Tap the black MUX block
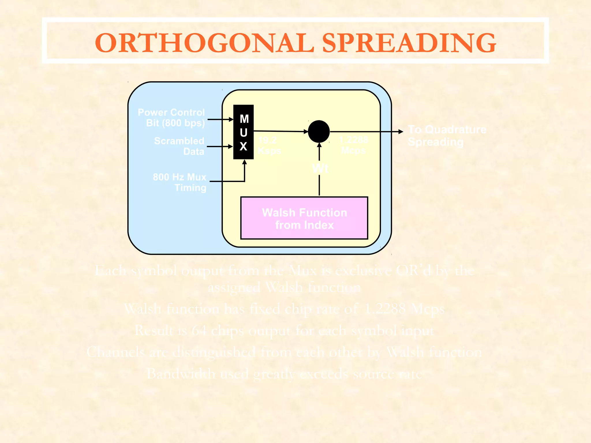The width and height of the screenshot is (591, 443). (x=243, y=132)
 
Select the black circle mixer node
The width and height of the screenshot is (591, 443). (x=319, y=132)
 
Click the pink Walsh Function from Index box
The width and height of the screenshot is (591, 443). (x=304, y=218)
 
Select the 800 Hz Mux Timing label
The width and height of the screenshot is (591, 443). (x=179, y=182)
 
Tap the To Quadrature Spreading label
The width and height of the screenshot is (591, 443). (x=447, y=136)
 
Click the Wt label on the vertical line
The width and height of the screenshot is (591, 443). (x=320, y=168)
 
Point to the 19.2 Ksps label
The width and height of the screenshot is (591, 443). (x=269, y=145)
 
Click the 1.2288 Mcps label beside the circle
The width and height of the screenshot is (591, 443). (x=354, y=145)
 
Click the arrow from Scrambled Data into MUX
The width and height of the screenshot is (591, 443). (x=219, y=147)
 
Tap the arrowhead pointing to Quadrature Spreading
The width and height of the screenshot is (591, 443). (x=401, y=132)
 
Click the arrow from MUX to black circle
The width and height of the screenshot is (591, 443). (x=280, y=131)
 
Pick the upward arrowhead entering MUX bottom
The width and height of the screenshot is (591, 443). (x=244, y=162)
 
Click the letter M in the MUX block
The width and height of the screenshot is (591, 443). (x=244, y=119)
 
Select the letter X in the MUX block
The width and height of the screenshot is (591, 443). (x=243, y=147)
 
